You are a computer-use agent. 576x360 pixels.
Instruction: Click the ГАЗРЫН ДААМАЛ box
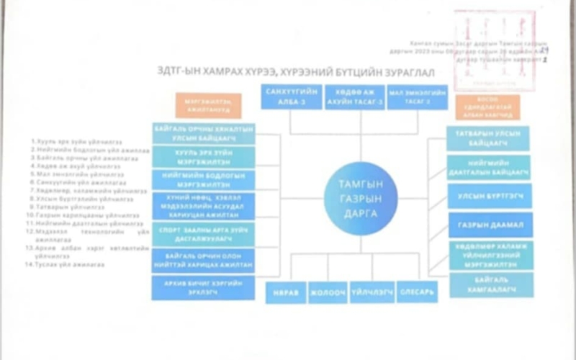tap(490, 225)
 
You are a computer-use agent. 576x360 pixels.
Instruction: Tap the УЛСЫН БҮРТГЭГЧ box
tap(490, 196)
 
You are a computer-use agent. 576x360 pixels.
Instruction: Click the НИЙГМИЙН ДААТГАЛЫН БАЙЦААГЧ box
tap(489, 167)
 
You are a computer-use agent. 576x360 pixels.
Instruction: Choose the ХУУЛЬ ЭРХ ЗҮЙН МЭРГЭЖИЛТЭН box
tap(202, 156)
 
